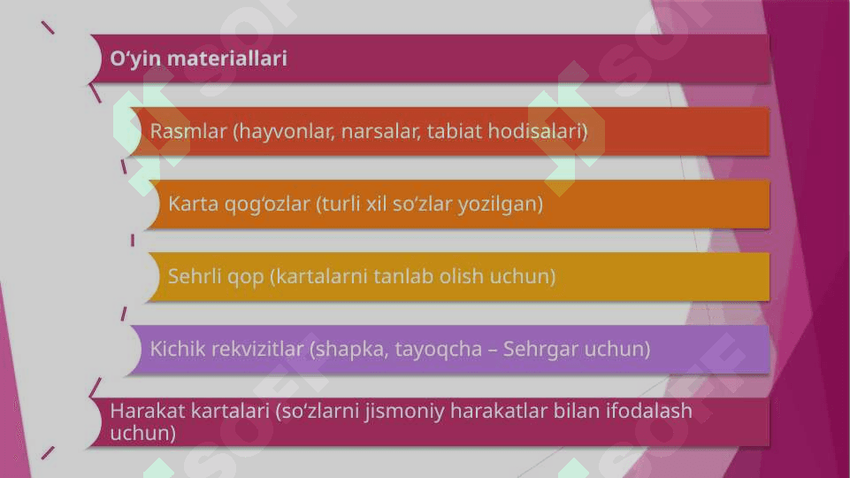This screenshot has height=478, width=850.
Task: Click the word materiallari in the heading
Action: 227,58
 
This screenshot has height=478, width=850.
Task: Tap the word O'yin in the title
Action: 135,59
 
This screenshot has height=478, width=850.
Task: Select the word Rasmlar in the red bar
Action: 188,131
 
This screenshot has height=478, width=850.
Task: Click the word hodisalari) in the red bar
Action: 538,131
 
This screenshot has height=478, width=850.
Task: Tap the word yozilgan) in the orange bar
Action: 501,204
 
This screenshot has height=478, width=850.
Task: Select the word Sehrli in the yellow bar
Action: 195,276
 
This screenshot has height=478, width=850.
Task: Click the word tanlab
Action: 403,276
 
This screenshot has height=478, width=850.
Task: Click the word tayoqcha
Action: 438,350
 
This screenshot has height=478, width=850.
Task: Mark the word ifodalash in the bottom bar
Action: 649,411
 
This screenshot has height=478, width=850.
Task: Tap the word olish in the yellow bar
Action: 462,276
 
